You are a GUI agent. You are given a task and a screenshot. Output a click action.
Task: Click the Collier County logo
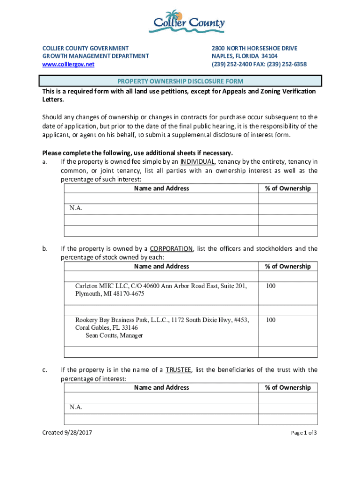coord(187,21)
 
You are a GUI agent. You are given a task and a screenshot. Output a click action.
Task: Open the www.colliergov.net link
coord(68,64)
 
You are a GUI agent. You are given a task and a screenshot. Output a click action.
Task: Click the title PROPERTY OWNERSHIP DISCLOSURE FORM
coord(180,81)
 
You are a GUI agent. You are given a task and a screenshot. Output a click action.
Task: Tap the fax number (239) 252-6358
coord(286,64)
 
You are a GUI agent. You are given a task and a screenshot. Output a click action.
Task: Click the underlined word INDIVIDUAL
coord(197,162)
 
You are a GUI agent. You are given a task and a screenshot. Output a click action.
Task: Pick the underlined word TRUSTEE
coord(178,370)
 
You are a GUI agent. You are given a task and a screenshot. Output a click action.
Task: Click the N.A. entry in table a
coord(76,208)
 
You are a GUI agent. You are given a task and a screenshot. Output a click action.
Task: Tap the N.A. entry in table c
coord(76,407)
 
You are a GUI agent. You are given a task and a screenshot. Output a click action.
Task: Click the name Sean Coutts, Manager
coord(114,335)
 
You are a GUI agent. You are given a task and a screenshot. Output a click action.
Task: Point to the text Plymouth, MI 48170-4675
coord(110,294)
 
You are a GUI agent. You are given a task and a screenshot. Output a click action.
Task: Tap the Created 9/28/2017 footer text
coord(67,433)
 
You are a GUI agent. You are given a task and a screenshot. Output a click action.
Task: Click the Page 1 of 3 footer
coord(304,433)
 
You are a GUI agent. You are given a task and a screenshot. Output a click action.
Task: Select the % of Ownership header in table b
coord(288,266)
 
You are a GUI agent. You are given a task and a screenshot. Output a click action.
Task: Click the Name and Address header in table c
coord(161,387)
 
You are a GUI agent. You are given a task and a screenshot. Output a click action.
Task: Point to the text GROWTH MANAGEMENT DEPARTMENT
coord(95,56)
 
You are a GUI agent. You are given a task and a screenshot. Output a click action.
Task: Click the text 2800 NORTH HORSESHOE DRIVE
coord(254,48)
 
